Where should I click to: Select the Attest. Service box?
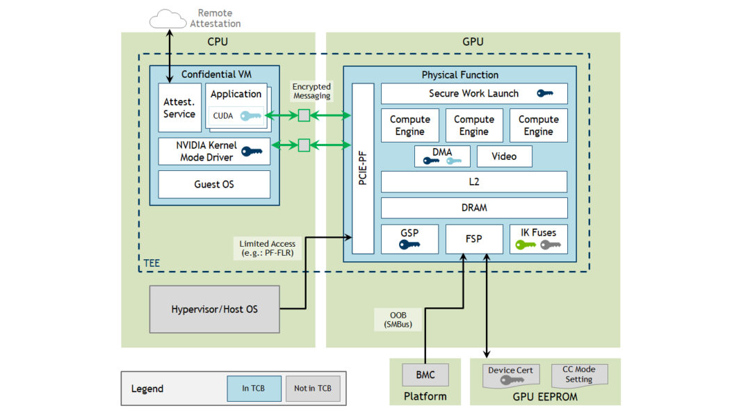coord(179,108)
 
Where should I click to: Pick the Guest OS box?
coord(213,185)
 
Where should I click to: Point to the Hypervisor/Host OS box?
coord(214,309)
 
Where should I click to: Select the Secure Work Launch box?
coord(473,94)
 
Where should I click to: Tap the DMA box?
coord(442,156)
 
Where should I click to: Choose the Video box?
coord(504,156)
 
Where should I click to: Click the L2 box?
coord(473,182)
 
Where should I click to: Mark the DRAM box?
coord(473,208)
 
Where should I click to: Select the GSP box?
coord(409,239)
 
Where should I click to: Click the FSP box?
coord(473,239)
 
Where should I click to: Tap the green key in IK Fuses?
coord(525,245)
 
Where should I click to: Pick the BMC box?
coord(425,375)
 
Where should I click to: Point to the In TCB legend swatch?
coord(254,389)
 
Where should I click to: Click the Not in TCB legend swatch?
coord(313,389)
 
